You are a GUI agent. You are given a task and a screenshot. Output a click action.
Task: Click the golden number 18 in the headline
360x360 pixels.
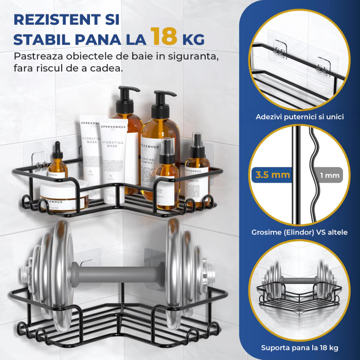[164, 37]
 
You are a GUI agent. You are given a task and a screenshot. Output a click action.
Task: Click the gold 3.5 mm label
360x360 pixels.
[272, 175]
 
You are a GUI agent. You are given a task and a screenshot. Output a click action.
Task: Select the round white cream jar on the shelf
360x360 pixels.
[64, 195]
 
